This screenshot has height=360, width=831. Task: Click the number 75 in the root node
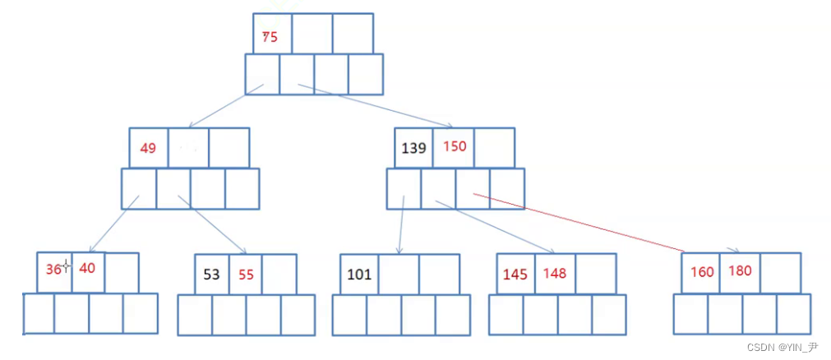coord(270,36)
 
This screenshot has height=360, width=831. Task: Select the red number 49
coord(148,149)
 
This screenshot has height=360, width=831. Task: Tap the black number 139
coord(413,148)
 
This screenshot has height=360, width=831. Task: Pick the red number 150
coord(455,146)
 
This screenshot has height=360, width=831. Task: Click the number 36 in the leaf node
coord(53,269)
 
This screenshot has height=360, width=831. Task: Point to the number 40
coord(88,268)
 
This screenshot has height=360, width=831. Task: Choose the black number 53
coord(211,274)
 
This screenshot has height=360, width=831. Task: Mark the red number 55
coord(247,274)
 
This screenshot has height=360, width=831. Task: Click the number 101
coord(359,274)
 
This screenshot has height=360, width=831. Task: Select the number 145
coord(515,274)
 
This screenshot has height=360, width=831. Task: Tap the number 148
coord(555,273)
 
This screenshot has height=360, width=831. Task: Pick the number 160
coord(702,272)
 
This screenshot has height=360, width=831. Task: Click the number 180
coord(740,271)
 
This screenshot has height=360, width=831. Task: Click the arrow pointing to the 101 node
coord(400,224)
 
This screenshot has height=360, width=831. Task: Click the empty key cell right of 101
coord(399,274)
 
